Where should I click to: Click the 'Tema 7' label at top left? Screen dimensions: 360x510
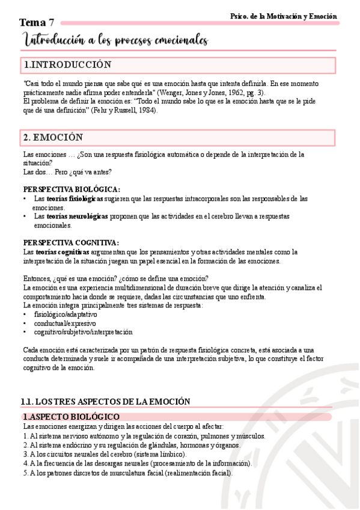[35, 22]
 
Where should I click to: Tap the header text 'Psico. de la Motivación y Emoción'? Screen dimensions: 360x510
[284, 16]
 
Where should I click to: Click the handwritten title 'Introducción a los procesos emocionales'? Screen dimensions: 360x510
[115, 40]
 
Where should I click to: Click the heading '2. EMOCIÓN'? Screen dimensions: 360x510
[53, 138]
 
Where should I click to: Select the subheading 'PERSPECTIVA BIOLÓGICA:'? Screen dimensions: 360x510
[71, 189]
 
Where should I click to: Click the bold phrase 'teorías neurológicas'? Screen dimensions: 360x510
[77, 216]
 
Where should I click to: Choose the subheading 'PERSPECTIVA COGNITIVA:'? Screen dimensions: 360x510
[71, 242]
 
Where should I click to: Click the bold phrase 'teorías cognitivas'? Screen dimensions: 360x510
[62, 252]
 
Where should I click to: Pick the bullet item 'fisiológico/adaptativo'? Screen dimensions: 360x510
[66, 314]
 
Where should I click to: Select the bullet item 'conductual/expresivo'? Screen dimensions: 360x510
[63, 323]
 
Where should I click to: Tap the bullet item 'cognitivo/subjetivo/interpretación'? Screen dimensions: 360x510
[84, 332]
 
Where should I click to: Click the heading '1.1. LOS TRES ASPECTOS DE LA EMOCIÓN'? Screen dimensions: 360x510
[105, 401]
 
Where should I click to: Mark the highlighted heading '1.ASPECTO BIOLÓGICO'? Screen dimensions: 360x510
[71, 417]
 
